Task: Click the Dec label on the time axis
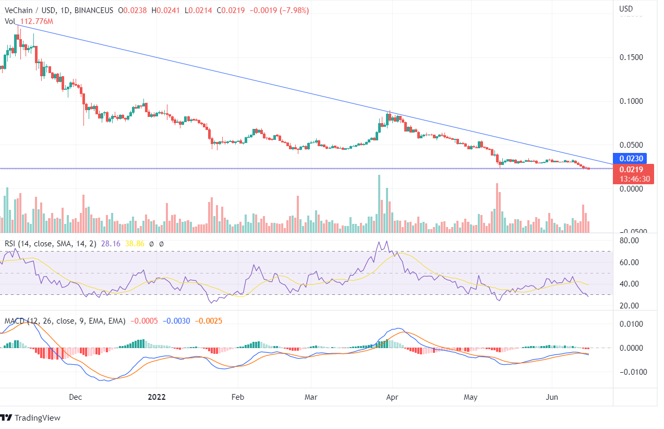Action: pos(76,397)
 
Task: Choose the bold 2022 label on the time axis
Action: pos(156,397)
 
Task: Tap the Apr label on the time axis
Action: pos(392,397)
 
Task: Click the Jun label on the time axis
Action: pos(552,397)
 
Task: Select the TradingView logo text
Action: pos(37,418)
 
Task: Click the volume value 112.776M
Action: pos(37,21)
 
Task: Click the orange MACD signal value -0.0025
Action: pos(209,321)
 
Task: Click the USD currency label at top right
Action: pos(625,9)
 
